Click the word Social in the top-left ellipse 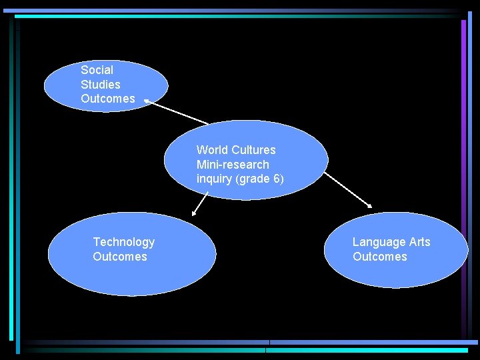pyautogui.click(x=97, y=70)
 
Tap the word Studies pyautogui.click(x=101, y=85)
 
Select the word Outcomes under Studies pyautogui.click(x=108, y=99)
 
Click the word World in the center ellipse pyautogui.click(x=212, y=150)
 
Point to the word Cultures pyautogui.click(x=253, y=150)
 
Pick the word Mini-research pyautogui.click(x=233, y=165)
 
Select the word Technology pyautogui.click(x=124, y=242)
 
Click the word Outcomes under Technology pyautogui.click(x=120, y=257)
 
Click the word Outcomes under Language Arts pyautogui.click(x=380, y=257)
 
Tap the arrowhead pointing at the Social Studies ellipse pyautogui.click(x=147, y=102)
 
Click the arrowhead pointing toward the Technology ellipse pyautogui.click(x=194, y=213)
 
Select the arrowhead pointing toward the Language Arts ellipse pyautogui.click(x=370, y=205)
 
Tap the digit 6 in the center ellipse pyautogui.click(x=277, y=179)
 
